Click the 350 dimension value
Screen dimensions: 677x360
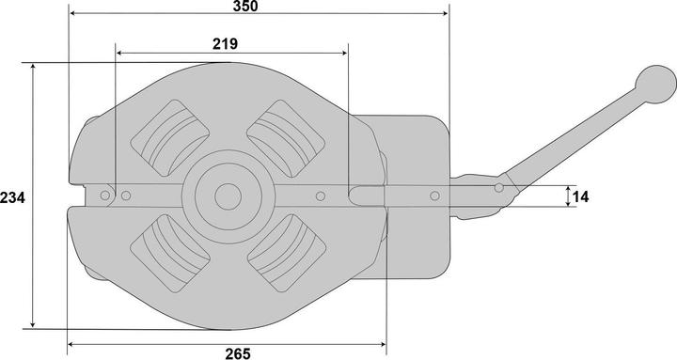click(245, 6)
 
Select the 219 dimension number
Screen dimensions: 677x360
click(225, 43)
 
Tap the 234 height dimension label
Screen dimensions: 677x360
click(12, 197)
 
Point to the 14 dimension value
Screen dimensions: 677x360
click(580, 196)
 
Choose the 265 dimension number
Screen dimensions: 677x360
click(238, 353)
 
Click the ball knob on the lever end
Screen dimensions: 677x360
click(655, 85)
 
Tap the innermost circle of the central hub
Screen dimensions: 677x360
click(228, 196)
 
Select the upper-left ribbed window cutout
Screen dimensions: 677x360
click(169, 137)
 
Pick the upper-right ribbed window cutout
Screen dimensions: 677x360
click(286, 138)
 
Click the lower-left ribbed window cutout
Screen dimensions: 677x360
click(170, 253)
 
